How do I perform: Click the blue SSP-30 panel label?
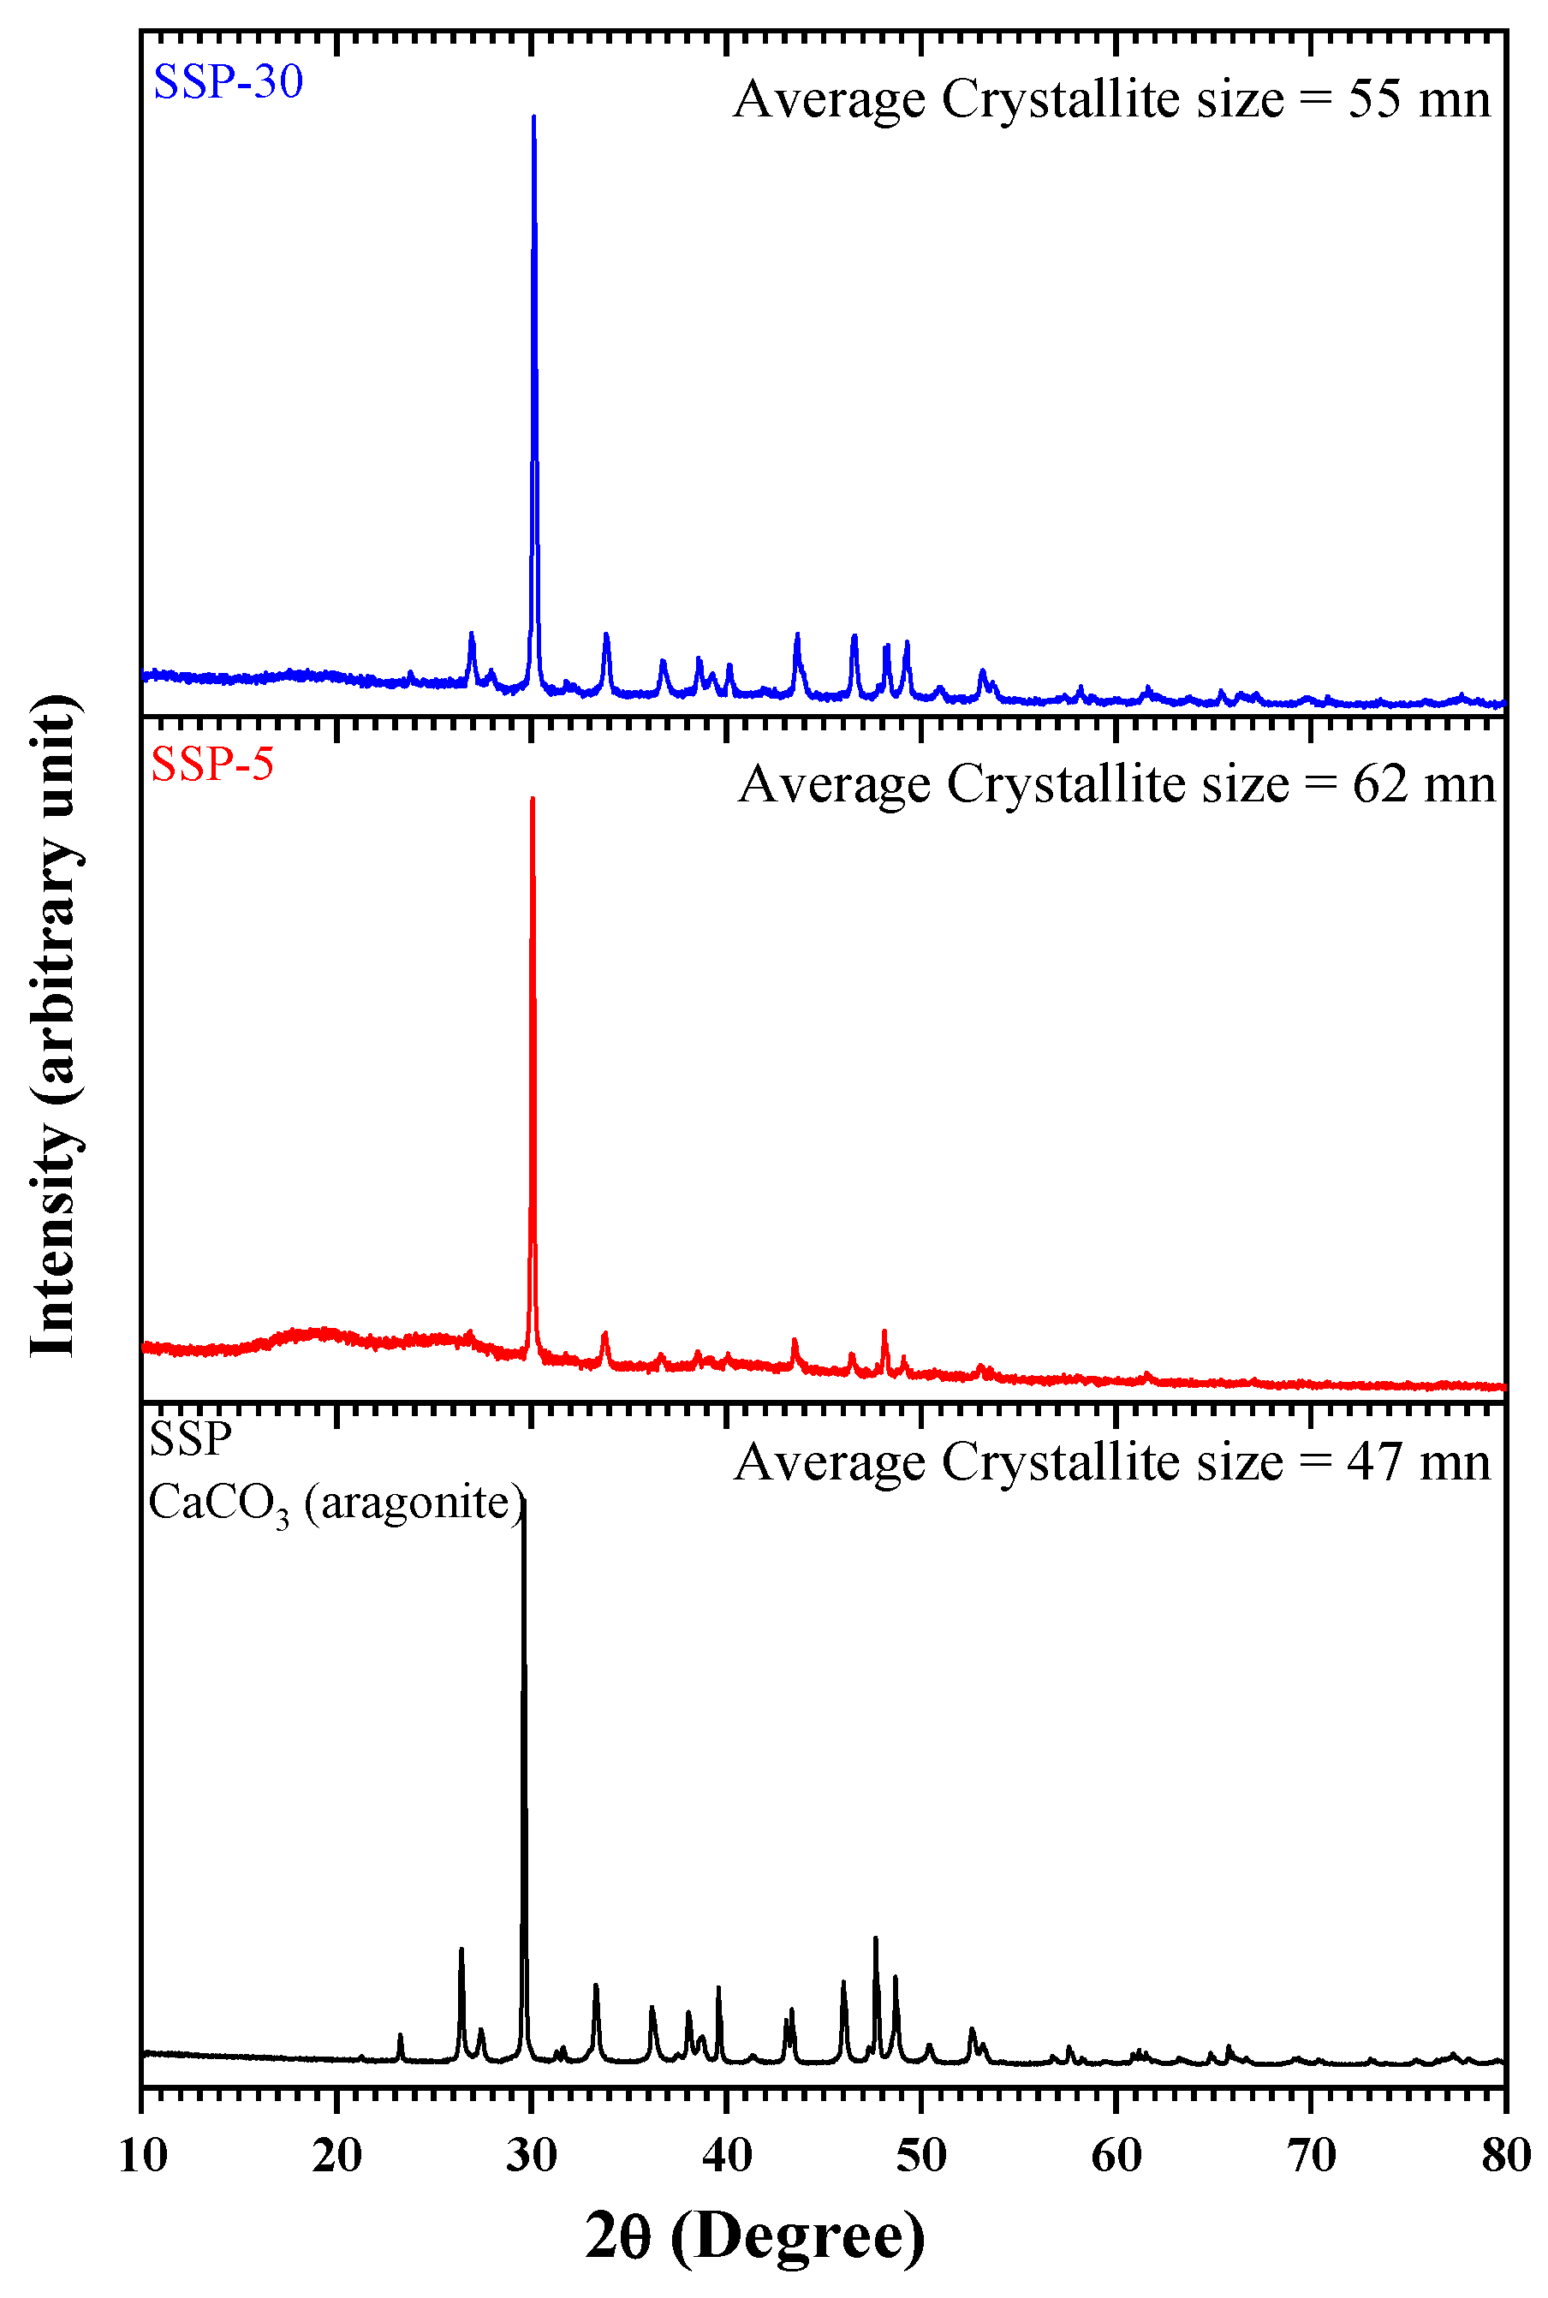(x=228, y=81)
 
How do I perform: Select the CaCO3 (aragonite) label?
(x=336, y=1503)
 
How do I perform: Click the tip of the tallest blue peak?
(x=534, y=117)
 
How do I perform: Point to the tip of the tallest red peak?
(x=533, y=800)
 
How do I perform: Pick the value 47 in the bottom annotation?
(x=1374, y=1463)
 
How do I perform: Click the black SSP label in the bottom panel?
(x=191, y=1440)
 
